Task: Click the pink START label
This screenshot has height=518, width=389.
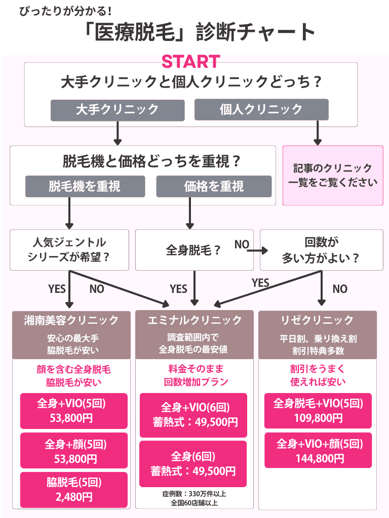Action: point(190,62)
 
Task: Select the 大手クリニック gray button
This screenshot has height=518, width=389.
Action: point(117,109)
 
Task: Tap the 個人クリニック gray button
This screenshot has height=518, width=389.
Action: point(261,109)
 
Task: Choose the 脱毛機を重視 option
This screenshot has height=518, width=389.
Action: point(85,186)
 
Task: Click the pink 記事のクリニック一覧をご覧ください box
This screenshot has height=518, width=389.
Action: point(333,176)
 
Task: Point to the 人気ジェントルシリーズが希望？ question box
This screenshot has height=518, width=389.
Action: point(70,250)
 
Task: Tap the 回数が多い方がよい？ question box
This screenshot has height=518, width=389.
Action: point(321,250)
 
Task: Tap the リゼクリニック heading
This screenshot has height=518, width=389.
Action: point(318,320)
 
